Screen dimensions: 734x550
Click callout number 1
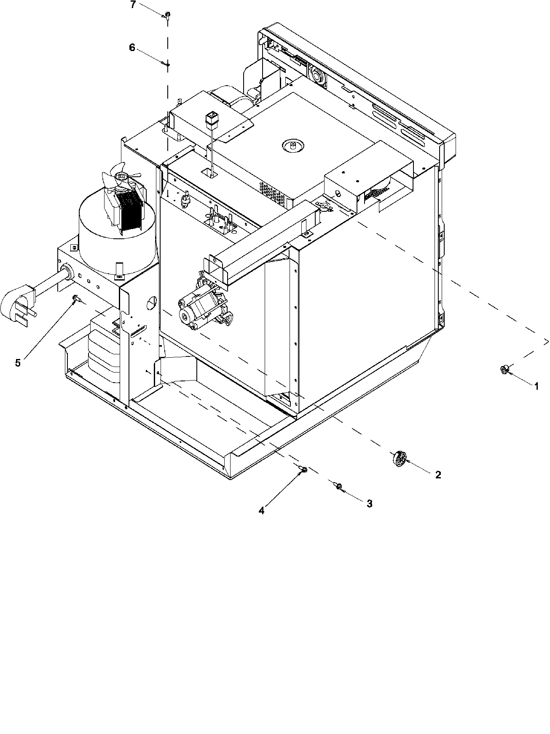coord(537,386)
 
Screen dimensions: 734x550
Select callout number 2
coord(438,475)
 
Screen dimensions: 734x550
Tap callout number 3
coord(369,503)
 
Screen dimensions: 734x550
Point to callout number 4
coord(261,511)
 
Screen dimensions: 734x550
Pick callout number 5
coord(18,363)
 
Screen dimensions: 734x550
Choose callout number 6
coord(132,48)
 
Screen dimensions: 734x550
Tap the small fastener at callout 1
coord(504,370)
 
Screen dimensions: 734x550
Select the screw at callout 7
coord(167,15)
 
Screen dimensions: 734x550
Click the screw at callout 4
coord(303,470)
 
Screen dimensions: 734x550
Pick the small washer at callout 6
coord(167,65)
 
